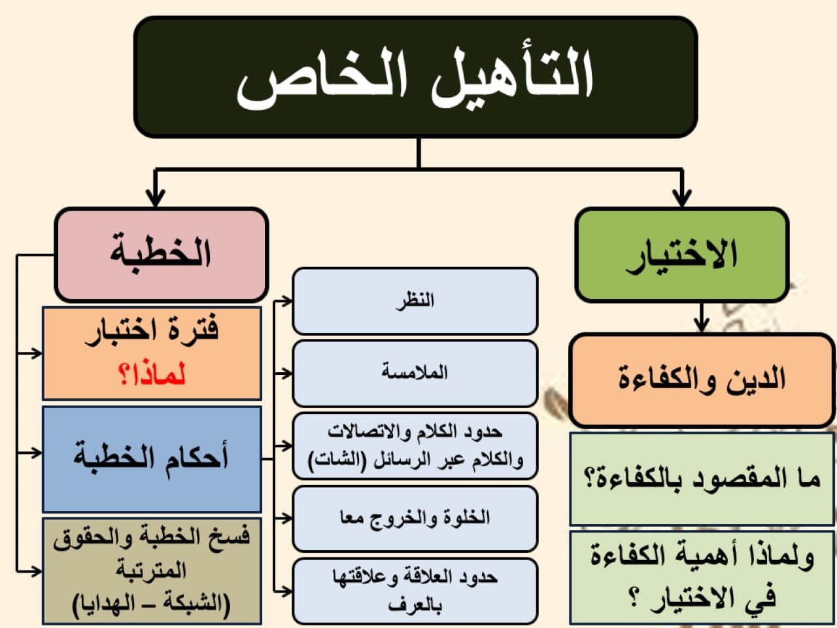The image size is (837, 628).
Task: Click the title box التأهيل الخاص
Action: [416, 77]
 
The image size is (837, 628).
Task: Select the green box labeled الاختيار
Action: [681, 255]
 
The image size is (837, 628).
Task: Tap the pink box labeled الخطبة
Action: [162, 255]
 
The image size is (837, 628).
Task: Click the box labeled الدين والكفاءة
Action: [702, 380]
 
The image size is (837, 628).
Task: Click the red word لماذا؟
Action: [152, 375]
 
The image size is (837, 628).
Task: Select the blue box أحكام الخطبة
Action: [152, 459]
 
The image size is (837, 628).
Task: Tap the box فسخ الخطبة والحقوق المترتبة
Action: [152, 571]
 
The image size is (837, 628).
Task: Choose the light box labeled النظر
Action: [415, 301]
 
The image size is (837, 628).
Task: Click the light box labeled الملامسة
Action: [415, 374]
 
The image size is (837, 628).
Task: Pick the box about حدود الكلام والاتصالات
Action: [415, 445]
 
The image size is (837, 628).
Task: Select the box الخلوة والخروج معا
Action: [415, 519]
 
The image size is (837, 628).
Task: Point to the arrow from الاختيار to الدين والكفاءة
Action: [702, 318]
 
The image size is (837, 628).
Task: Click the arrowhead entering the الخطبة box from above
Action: [155, 199]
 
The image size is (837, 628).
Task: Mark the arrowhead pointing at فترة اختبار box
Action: [37, 353]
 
